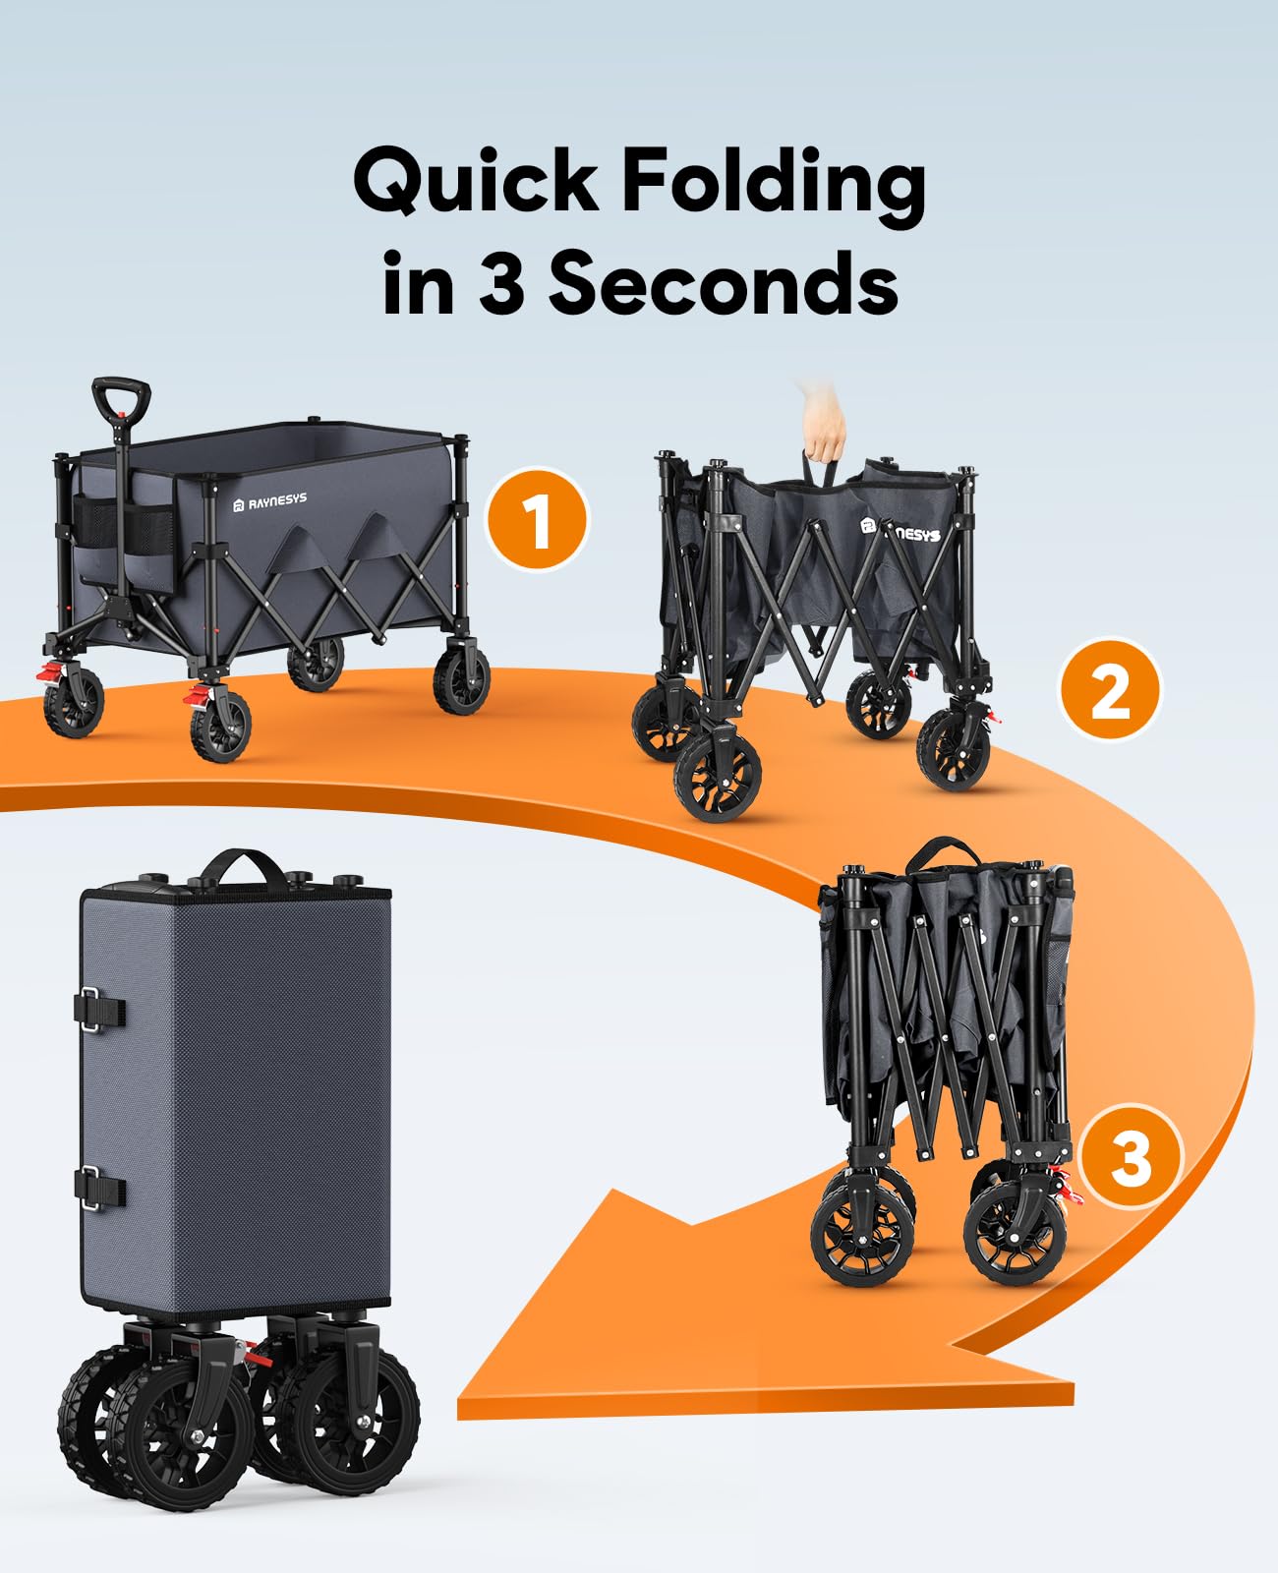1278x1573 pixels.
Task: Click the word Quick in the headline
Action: click(476, 183)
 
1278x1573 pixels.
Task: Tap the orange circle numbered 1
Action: click(537, 519)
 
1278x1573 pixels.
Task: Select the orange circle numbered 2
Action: click(1109, 690)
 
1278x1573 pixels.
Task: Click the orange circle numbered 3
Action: click(1130, 1156)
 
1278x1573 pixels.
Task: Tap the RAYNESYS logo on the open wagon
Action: click(270, 501)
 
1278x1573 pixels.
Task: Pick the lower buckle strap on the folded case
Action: click(99, 1188)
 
